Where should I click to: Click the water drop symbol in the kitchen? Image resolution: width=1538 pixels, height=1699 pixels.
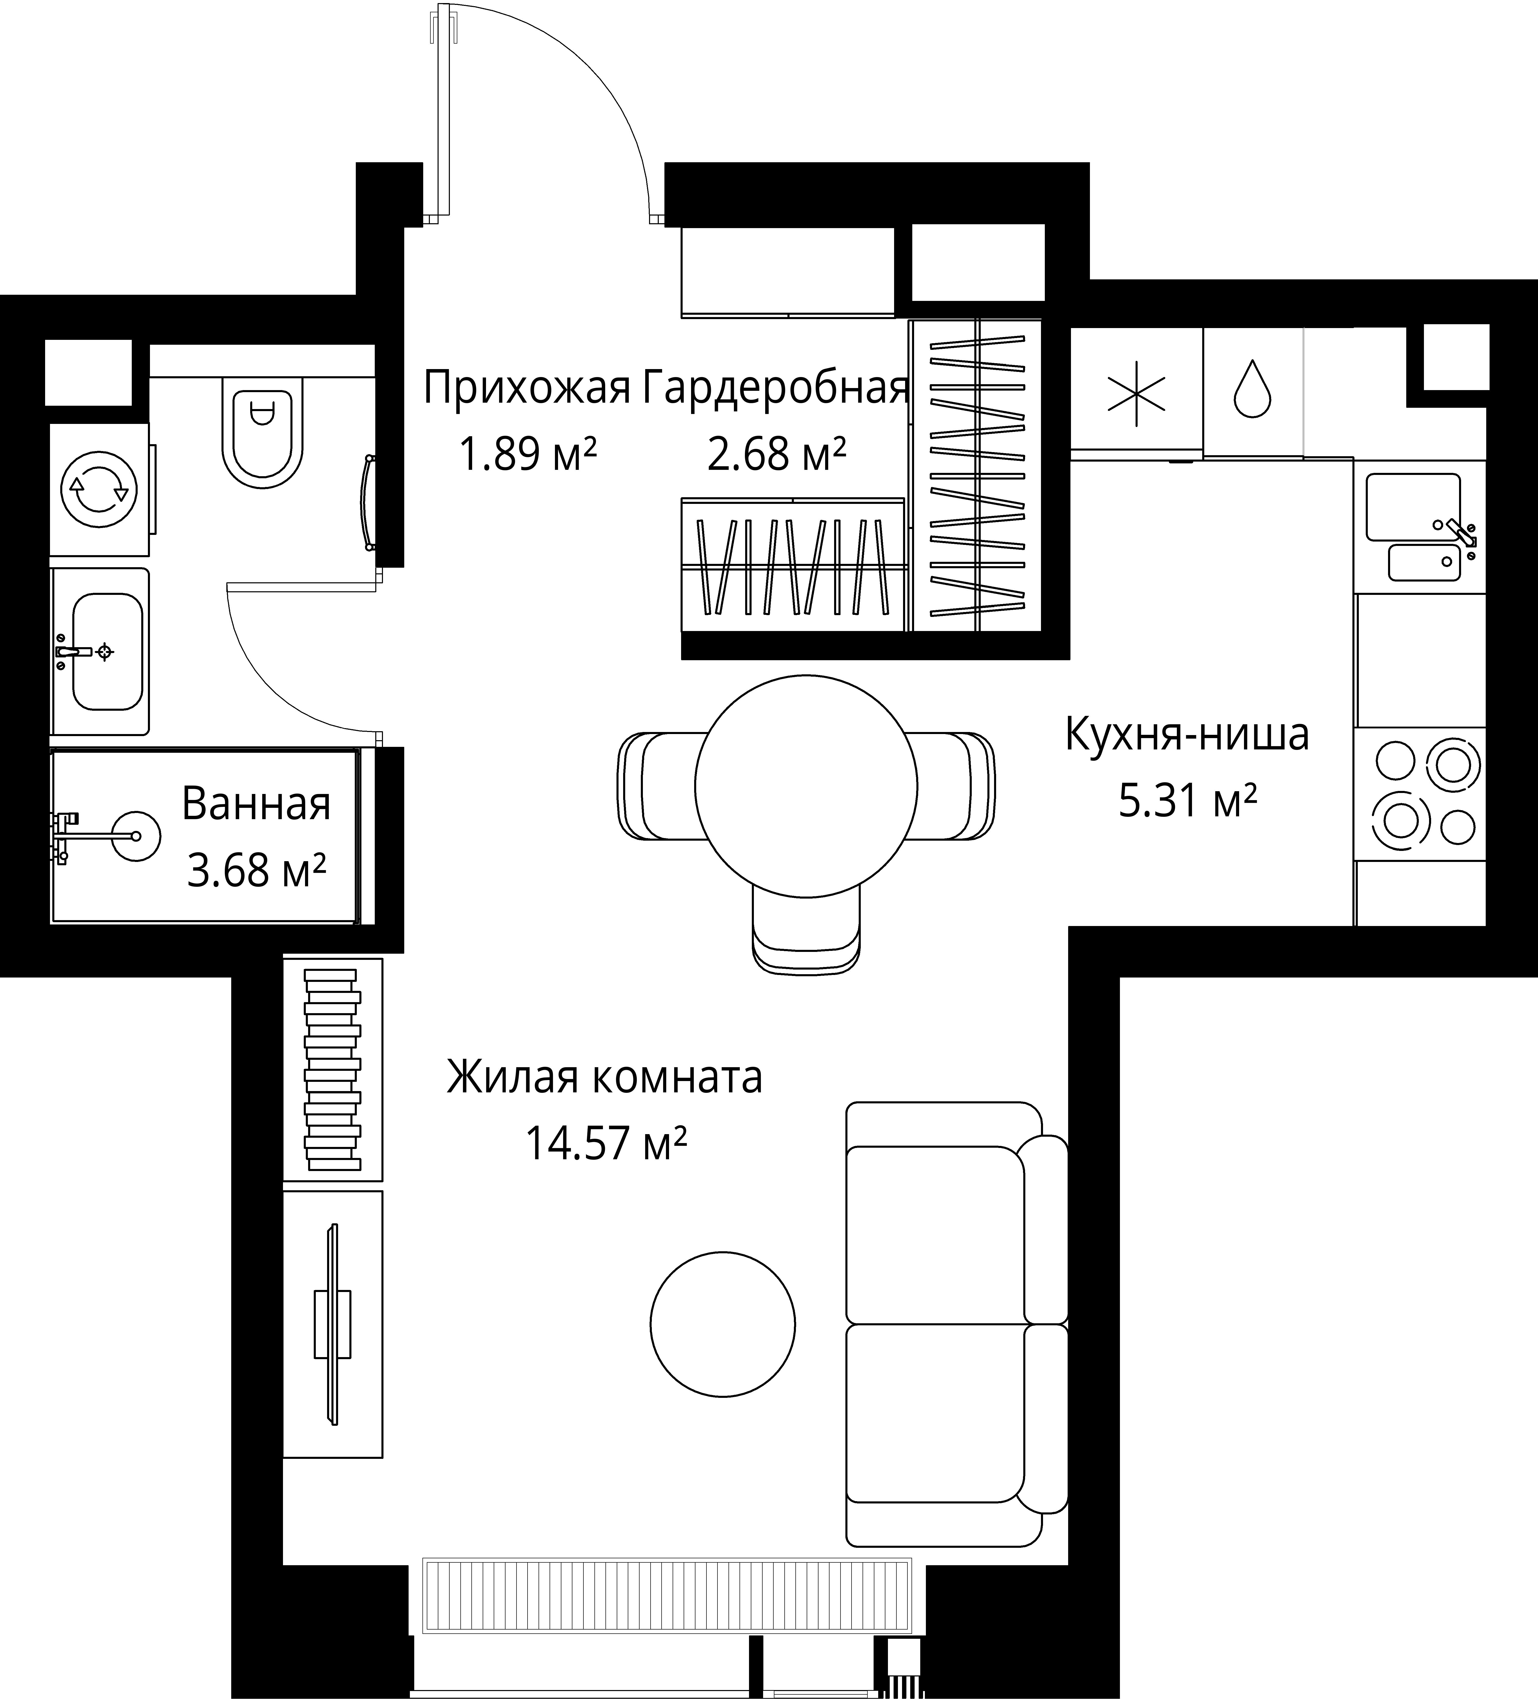[1252, 389]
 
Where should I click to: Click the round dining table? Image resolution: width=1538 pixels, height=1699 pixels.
[806, 786]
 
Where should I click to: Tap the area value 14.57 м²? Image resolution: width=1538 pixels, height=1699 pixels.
[605, 1144]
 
